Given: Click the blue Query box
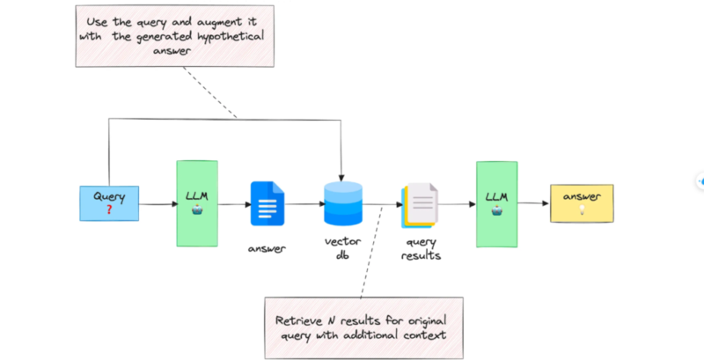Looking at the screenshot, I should [x=108, y=202].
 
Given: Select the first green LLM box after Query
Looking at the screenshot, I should [x=196, y=202].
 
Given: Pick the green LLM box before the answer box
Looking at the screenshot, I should [x=495, y=202].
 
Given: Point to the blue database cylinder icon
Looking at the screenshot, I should [x=343, y=203].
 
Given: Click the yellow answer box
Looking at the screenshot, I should [x=582, y=203].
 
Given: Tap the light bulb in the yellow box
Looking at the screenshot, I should [x=582, y=211].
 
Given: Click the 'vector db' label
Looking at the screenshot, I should [x=343, y=247].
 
